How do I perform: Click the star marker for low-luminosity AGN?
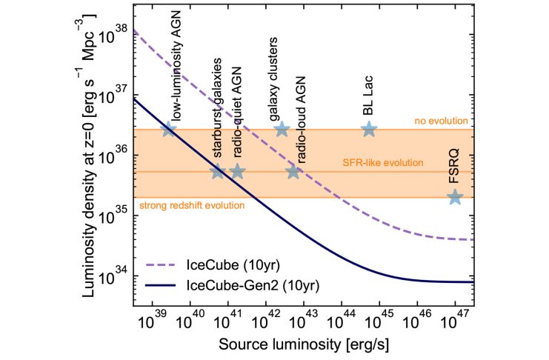(x=169, y=129)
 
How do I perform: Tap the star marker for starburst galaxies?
(x=218, y=172)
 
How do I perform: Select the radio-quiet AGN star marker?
(x=237, y=172)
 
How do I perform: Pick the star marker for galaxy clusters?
(x=282, y=129)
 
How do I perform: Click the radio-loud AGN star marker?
(x=293, y=172)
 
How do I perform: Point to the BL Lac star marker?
(x=369, y=129)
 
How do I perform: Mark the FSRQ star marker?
(x=455, y=197)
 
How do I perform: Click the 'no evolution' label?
(x=446, y=121)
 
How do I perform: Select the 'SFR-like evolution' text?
(x=383, y=163)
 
